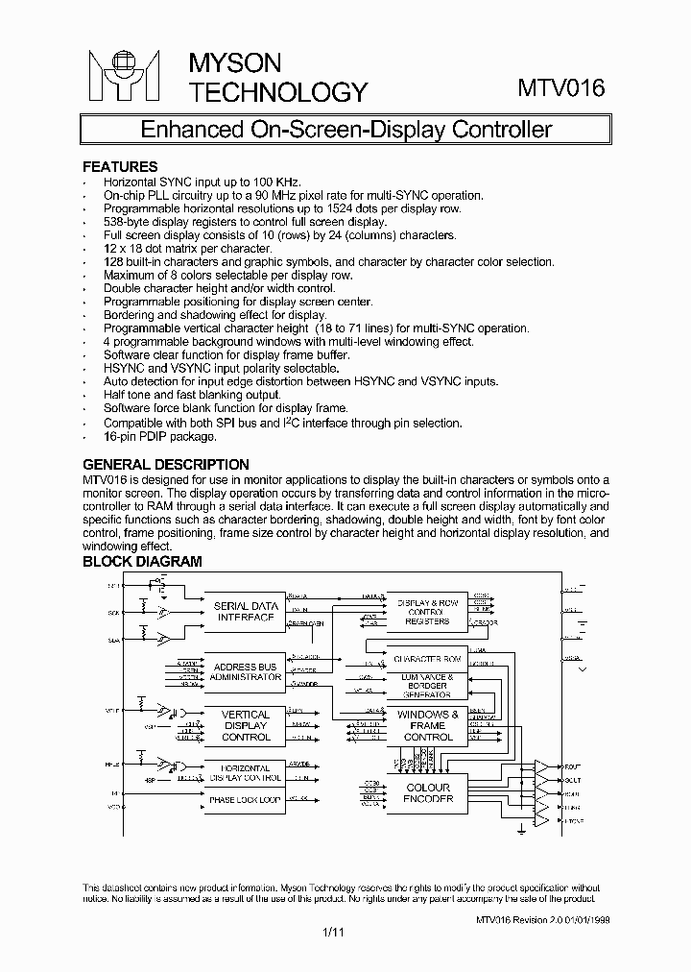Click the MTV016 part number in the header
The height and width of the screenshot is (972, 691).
561,89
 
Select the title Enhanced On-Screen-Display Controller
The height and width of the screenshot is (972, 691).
345,130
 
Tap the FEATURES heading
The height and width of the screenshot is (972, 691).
120,166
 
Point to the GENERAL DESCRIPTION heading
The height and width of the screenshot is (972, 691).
165,465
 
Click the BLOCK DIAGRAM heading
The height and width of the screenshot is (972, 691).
142,562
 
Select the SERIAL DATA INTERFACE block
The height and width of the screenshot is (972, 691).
245,612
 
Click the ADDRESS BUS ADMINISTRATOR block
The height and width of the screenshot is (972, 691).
245,671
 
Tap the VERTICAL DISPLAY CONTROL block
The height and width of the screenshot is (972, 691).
245,726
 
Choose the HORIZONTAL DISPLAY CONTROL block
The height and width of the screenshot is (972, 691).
245,772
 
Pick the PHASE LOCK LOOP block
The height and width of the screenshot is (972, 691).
245,799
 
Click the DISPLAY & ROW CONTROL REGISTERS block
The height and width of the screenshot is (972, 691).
427,611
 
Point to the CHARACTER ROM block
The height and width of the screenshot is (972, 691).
427,660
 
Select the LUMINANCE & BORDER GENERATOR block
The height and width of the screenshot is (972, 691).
427,685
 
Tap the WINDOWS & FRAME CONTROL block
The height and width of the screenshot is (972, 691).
427,726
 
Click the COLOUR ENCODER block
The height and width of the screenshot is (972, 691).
427,792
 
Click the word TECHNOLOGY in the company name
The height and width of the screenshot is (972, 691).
277,92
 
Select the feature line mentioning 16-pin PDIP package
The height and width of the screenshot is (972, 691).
160,436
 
